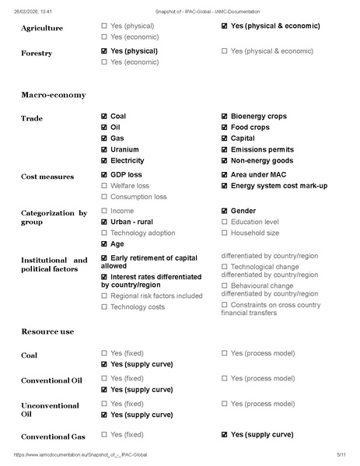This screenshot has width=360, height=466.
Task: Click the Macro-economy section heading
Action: (53, 95)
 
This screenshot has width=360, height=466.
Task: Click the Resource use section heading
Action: (47, 331)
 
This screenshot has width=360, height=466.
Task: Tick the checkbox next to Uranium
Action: (105, 149)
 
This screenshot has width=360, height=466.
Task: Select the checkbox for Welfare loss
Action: (105, 186)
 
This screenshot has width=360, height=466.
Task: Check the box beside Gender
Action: (225, 211)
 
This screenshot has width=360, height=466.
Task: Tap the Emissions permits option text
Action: (262, 149)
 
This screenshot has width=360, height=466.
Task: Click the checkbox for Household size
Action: (225, 233)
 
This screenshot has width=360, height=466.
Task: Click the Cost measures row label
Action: (47, 177)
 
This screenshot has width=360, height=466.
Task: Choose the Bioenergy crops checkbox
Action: (225, 117)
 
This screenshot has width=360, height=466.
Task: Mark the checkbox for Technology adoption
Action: (105, 233)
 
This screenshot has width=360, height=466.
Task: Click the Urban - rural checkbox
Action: (105, 222)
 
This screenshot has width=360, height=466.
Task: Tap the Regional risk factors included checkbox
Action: (105, 296)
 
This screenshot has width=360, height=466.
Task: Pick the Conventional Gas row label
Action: (53, 436)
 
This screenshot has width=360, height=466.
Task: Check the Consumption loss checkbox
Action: (105, 197)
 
